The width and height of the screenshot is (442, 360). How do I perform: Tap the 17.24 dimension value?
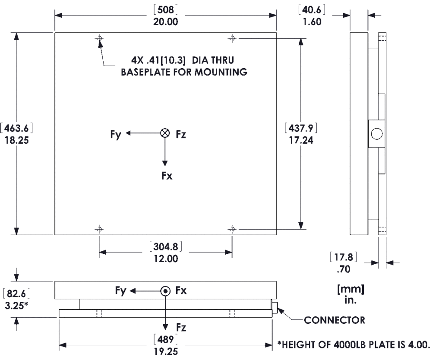click(301, 140)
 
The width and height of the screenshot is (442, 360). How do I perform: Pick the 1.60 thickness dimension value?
click(312, 22)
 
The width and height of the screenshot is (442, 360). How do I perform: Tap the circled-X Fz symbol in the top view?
click(164, 133)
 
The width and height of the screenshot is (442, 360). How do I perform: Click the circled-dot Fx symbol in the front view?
click(165, 291)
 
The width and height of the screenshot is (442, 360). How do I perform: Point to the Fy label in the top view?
click(116, 134)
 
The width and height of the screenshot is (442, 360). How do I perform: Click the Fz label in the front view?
click(181, 328)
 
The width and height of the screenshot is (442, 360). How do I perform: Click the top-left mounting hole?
click(100, 38)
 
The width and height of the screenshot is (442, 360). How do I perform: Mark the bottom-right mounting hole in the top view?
click(232, 228)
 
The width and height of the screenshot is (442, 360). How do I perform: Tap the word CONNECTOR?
click(335, 320)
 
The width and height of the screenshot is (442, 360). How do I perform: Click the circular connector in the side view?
click(376, 134)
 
